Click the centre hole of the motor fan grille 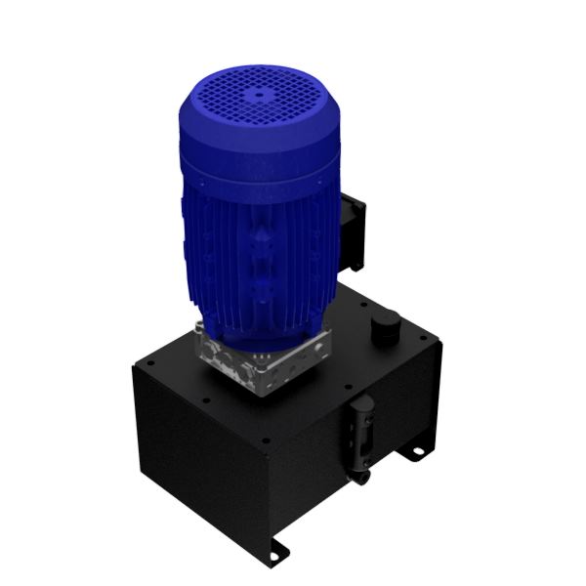(261, 95)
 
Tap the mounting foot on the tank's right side (414, 453)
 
